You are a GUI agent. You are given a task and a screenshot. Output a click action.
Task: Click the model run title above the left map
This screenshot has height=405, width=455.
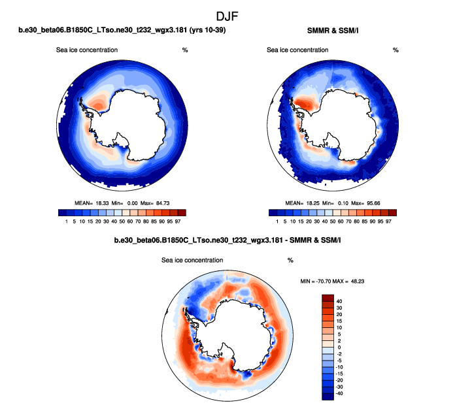pyautogui.click(x=122, y=31)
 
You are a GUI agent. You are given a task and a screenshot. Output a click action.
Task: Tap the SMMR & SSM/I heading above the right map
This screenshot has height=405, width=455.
pyautogui.click(x=333, y=31)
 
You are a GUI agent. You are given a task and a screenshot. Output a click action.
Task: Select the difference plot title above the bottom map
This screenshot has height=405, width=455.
pyautogui.click(x=227, y=241)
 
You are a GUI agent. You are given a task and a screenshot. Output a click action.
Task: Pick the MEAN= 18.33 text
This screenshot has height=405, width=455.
pyautogui.click(x=90, y=204)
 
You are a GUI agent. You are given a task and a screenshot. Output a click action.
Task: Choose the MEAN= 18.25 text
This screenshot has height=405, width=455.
pyautogui.click(x=301, y=204)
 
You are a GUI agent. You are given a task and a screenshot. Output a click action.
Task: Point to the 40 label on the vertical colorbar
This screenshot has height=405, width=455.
pyautogui.click(x=340, y=301)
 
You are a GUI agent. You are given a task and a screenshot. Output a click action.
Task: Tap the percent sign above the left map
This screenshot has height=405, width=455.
pyautogui.click(x=185, y=50)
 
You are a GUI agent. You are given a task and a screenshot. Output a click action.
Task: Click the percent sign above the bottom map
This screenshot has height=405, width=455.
pyautogui.click(x=290, y=260)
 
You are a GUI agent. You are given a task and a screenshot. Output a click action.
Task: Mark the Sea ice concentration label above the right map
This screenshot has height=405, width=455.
pyautogui.click(x=294, y=50)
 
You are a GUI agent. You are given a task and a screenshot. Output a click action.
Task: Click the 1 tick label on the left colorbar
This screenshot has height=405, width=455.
pyautogui.click(x=67, y=222)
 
